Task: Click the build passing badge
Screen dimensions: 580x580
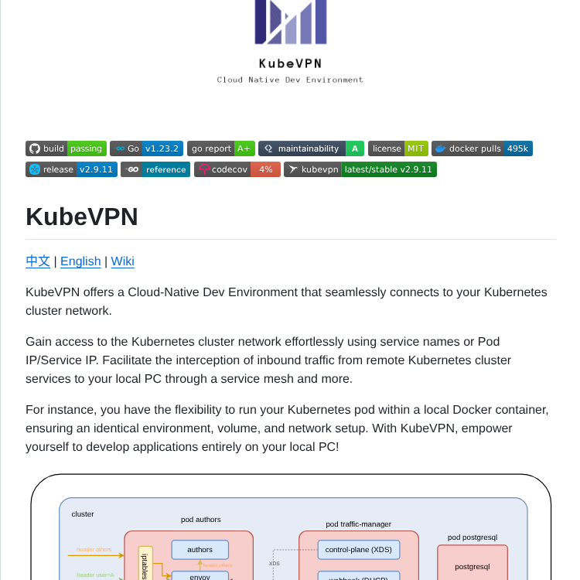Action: (66, 148)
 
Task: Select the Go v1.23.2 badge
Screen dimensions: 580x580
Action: (146, 148)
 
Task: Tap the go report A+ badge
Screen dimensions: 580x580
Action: (220, 148)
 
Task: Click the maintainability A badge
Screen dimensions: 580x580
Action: (311, 148)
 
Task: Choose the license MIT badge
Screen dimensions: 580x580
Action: (397, 148)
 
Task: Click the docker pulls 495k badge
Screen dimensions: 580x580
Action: (482, 148)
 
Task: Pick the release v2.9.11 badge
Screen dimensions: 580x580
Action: (71, 169)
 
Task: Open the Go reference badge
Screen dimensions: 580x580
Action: (155, 169)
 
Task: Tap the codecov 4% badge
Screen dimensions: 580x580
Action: (237, 169)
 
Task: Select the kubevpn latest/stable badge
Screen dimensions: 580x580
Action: (360, 169)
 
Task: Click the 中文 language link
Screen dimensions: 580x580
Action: (38, 261)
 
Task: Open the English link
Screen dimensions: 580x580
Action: (80, 261)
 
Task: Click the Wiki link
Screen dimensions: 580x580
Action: (122, 261)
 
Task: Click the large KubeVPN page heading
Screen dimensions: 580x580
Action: (82, 217)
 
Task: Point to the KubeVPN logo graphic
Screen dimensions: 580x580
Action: (291, 22)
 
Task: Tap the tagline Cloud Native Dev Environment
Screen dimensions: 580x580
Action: (290, 80)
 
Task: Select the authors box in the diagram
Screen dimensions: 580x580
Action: (200, 550)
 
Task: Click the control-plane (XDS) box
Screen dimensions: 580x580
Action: (358, 550)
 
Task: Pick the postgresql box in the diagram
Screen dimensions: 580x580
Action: (472, 566)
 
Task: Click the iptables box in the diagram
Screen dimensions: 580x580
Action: (145, 565)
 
